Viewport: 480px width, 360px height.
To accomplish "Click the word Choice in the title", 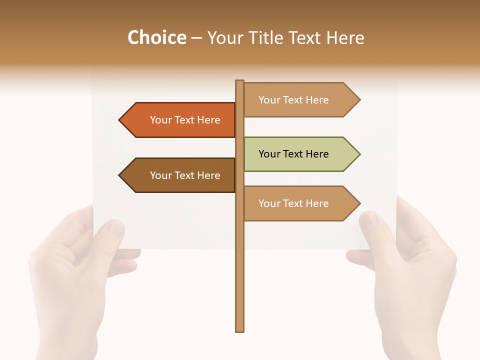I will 156,38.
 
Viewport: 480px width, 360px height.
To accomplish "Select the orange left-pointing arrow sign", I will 180,120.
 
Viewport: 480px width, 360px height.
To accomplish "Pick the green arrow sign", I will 300,154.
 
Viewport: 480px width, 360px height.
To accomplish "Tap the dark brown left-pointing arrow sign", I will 180,175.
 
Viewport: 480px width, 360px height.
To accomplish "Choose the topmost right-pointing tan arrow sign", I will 300,100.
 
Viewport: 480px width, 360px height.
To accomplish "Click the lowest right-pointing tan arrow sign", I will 300,203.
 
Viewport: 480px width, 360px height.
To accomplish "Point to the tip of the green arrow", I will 359,154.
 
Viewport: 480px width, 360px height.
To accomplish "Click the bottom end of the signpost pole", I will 239,330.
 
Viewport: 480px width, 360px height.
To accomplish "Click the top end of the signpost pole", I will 239,81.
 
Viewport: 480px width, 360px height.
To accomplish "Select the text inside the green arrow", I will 293,154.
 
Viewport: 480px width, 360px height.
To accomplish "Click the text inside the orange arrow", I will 185,120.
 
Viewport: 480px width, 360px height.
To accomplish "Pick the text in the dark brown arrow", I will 185,175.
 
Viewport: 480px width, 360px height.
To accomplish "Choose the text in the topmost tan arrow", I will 293,100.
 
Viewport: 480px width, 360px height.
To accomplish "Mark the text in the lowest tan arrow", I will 293,203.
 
